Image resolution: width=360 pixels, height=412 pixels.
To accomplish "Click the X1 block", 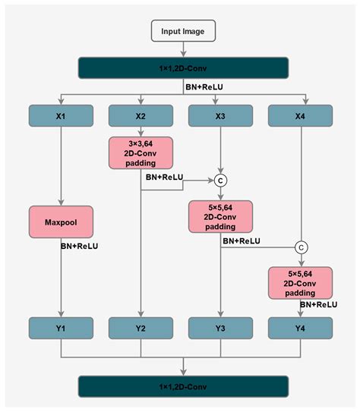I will [62, 115].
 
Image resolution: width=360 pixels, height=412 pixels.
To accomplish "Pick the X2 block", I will [141, 115].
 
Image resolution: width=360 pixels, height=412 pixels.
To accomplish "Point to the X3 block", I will [221, 115].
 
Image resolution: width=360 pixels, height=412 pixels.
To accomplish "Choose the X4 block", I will [300, 115].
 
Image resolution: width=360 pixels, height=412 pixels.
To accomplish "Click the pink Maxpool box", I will [62, 222].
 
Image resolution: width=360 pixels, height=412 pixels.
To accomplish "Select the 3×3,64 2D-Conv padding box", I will [141, 155].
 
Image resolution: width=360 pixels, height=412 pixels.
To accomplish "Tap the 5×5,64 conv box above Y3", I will [221, 216].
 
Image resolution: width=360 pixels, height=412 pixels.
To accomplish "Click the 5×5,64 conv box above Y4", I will [300, 281].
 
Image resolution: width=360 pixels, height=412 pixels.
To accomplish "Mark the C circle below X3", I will [221, 181].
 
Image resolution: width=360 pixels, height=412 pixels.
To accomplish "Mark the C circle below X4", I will [300, 247].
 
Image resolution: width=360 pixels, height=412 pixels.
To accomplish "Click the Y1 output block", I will [62, 329].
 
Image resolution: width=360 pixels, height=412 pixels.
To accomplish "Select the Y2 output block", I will [141, 329].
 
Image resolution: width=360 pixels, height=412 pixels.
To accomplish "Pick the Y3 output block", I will [221, 329].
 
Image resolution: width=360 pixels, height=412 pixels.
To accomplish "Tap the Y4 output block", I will [300, 329].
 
